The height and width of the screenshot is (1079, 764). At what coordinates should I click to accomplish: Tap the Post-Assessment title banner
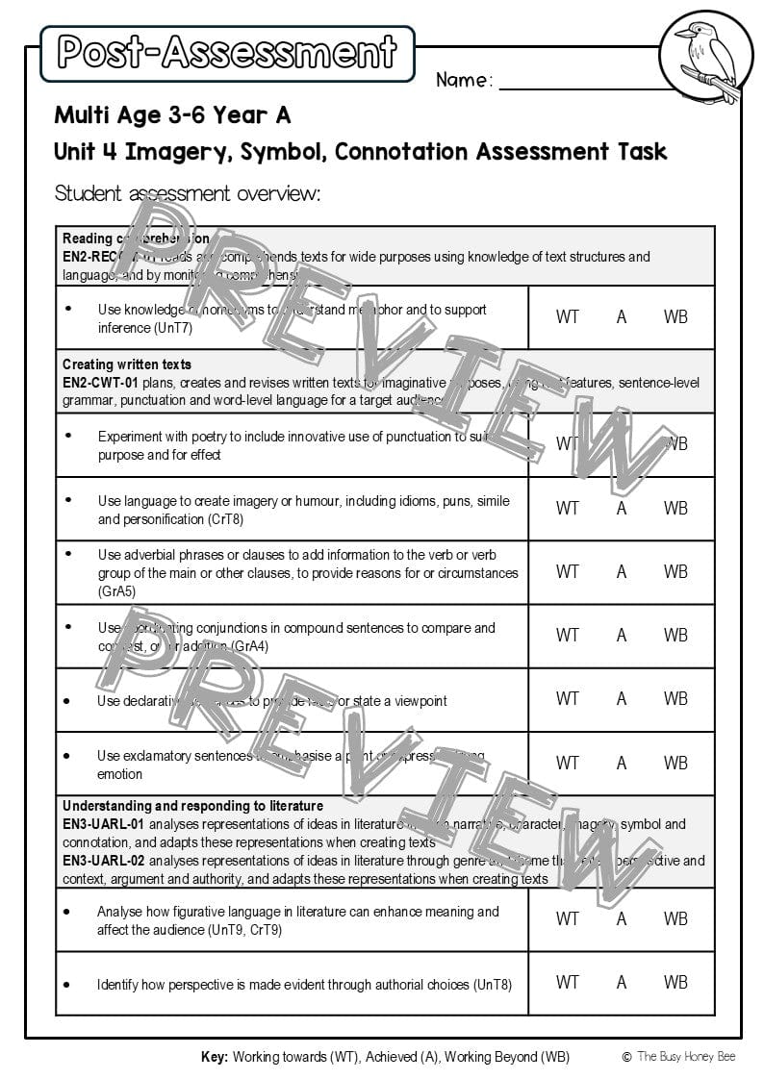point(227,52)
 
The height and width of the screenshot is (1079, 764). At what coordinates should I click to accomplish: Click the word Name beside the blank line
point(464,81)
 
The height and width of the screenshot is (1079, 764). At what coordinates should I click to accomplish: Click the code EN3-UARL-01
point(104,824)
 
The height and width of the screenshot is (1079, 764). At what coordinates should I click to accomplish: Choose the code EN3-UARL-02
point(104,861)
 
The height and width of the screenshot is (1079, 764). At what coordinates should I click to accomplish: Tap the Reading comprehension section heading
point(136,238)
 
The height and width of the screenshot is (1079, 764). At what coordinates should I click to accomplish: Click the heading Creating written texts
point(127,364)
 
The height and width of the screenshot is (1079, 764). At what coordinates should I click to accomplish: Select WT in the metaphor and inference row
point(568,316)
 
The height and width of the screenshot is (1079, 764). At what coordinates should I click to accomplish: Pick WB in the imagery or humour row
point(675,508)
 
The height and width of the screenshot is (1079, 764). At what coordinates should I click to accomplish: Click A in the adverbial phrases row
point(622,571)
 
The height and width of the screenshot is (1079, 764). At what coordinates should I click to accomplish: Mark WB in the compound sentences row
point(675,635)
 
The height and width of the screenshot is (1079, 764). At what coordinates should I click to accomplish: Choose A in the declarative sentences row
point(622,699)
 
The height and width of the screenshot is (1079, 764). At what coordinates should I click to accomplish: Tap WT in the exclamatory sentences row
point(568,763)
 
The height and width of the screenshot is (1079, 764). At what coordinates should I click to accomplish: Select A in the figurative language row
point(622,918)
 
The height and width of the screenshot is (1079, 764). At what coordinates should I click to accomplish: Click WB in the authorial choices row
point(675,982)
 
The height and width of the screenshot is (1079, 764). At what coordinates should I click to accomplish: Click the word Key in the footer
point(215,1057)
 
